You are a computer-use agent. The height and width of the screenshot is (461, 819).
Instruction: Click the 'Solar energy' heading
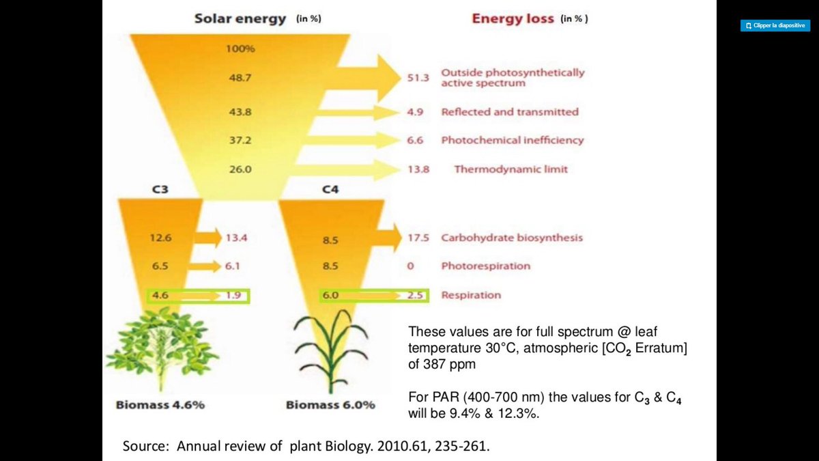[240, 18]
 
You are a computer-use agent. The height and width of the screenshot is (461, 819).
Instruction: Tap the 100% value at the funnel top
[240, 49]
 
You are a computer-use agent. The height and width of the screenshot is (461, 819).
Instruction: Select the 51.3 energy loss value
[418, 78]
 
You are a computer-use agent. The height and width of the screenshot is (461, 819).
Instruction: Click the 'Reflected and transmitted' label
[509, 112]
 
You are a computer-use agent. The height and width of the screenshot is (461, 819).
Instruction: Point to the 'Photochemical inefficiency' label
[512, 140]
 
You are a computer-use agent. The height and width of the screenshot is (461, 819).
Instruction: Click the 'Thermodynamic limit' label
[511, 169]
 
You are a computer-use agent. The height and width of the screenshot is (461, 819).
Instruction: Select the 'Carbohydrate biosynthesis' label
[511, 238]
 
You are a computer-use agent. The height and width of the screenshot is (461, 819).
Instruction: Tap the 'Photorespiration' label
[485, 266]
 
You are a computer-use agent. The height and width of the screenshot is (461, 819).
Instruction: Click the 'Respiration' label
[470, 295]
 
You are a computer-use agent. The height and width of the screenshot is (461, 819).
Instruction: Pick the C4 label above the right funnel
[330, 190]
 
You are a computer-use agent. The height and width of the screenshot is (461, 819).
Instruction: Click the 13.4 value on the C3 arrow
[235, 238]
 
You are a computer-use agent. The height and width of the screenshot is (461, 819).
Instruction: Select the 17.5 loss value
[418, 238]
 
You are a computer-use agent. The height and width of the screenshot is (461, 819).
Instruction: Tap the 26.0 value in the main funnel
[240, 169]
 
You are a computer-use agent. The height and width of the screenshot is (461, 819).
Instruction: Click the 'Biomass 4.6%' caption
[160, 404]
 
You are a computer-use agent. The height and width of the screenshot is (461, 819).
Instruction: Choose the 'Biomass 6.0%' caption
[330, 404]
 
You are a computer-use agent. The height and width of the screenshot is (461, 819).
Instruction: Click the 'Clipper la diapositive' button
[775, 25]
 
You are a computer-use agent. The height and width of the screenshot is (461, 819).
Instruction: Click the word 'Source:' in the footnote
[147, 446]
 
